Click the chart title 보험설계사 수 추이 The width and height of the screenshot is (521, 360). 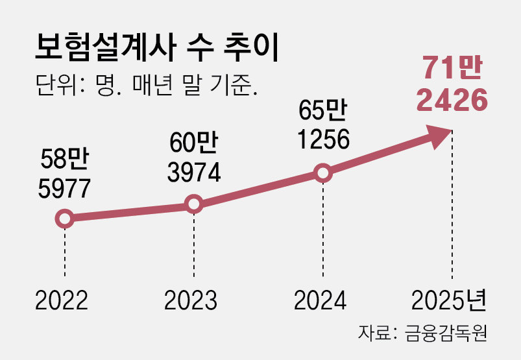(x=155, y=49)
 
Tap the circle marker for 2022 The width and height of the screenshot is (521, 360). (x=64, y=219)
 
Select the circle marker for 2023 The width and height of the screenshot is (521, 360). (x=193, y=204)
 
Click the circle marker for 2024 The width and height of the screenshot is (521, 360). (x=322, y=173)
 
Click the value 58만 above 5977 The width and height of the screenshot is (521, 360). (x=63, y=160)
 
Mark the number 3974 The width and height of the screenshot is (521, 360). (x=193, y=172)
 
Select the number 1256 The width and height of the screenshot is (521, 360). (x=323, y=139)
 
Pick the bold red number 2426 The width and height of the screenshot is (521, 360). (x=452, y=100)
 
